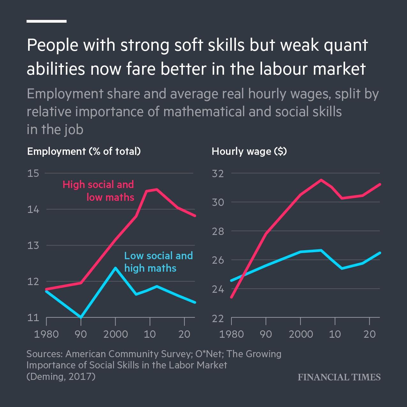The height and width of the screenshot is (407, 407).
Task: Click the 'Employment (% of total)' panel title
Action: (x=84, y=151)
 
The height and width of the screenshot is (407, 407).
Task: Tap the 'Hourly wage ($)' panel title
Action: (x=249, y=151)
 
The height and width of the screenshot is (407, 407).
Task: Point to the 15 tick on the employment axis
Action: (x=33, y=173)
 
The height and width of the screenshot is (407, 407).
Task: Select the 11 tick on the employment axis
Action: (x=33, y=318)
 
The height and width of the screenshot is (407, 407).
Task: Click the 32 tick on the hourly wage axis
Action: (x=218, y=173)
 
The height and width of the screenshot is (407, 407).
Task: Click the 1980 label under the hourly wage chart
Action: (x=231, y=334)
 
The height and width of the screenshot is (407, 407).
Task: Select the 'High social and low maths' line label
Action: (x=98, y=191)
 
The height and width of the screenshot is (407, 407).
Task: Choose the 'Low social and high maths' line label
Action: (x=158, y=261)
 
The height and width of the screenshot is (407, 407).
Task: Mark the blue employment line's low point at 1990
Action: (x=81, y=317)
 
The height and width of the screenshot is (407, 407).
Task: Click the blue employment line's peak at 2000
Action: (x=115, y=268)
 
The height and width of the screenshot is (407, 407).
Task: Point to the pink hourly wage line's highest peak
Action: (x=321, y=180)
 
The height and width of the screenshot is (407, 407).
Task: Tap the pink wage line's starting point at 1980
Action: (x=231, y=297)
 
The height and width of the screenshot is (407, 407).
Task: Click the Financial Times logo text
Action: (x=339, y=377)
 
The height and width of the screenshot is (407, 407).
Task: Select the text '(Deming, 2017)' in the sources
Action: (x=61, y=376)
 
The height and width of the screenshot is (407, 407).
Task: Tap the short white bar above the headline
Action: (x=47, y=21)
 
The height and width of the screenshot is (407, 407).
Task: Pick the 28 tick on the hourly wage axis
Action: (x=218, y=231)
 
